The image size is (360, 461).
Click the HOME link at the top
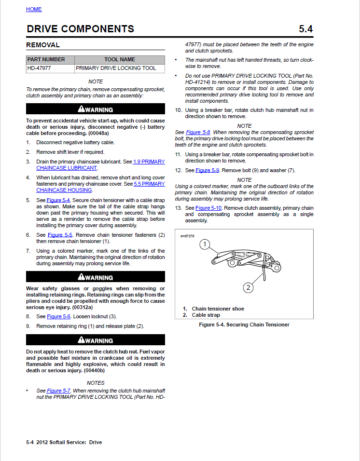coord(34,9)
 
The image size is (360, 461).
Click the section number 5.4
coord(305,29)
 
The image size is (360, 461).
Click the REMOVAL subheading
coord(43,45)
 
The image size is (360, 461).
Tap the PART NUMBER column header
coord(46,60)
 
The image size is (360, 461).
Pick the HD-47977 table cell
coord(40,68)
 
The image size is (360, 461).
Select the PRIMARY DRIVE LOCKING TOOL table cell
coord(116,68)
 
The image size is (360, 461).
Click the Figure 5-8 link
coord(194,132)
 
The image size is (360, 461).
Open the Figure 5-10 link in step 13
coord(208,208)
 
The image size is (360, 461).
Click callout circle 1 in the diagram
coord(205,244)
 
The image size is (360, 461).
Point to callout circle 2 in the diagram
coord(248,288)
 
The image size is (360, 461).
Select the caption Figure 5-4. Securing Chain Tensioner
coord(244,325)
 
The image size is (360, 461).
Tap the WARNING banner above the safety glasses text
coord(96,277)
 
